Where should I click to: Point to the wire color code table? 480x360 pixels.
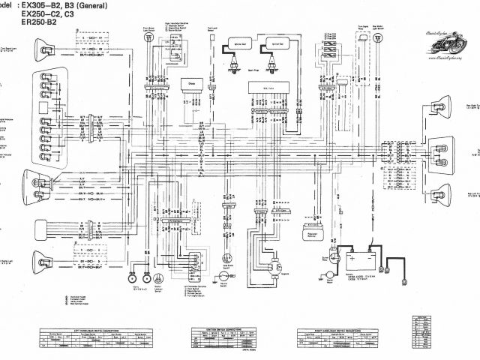click(424, 331)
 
